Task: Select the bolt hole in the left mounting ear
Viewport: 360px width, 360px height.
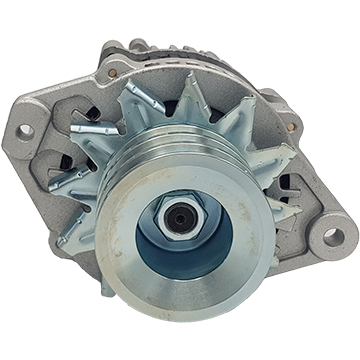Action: (25, 130)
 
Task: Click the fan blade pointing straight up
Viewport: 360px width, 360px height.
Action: (196, 95)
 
